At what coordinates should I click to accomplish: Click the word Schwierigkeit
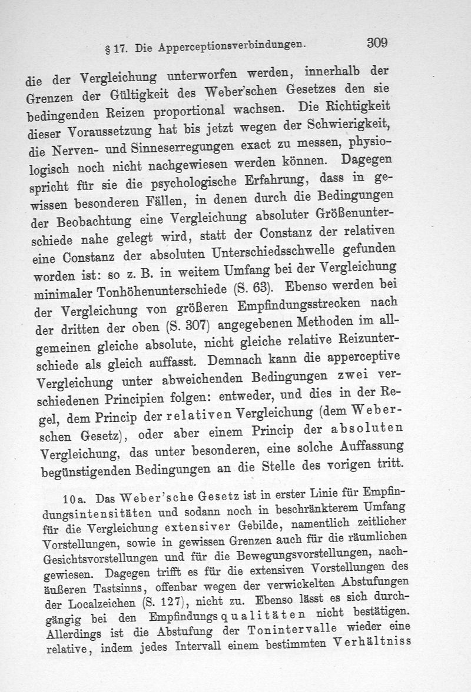pos(353,124)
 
